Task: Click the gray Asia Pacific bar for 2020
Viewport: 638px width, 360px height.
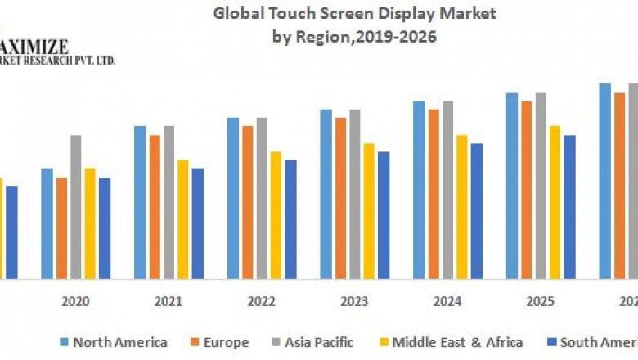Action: click(76, 206)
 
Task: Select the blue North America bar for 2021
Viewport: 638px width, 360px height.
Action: click(140, 202)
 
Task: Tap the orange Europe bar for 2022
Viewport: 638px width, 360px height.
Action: click(248, 202)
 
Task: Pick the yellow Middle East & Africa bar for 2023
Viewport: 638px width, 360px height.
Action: click(369, 211)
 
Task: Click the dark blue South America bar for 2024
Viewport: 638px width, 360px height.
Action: click(477, 211)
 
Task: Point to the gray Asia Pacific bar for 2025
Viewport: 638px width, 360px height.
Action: click(541, 186)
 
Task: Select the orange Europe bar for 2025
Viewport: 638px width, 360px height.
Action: click(527, 190)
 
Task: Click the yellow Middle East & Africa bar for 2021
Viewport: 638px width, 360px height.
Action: click(182, 219)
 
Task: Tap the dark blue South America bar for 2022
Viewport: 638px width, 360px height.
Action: click(290, 219)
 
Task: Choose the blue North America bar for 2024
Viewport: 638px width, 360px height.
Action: click(419, 190)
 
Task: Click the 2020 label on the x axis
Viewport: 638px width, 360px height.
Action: click(75, 301)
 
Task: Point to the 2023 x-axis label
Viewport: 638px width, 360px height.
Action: click(354, 301)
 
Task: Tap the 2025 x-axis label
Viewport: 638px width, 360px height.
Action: click(540, 301)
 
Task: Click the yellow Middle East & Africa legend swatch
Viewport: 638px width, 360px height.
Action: click(384, 342)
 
